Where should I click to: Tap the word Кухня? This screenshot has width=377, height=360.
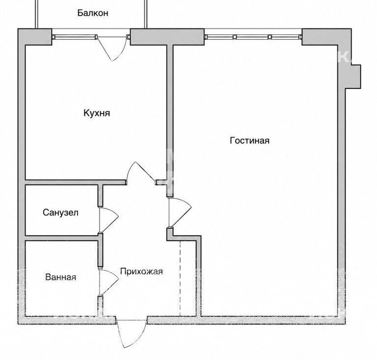tap(97, 113)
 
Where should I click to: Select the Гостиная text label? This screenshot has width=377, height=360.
tap(249, 140)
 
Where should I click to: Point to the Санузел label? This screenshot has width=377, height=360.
tap(60, 212)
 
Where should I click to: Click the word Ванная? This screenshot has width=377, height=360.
tap(60, 277)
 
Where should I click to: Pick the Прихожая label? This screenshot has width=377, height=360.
tap(141, 271)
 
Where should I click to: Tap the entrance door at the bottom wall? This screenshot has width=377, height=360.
tap(131, 333)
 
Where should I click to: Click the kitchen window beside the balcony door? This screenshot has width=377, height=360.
tap(75, 37)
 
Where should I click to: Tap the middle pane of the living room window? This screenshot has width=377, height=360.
tap(252, 37)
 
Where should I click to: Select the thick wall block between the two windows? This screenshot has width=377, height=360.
tap(167, 37)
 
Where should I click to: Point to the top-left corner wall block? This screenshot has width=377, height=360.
tap(35, 37)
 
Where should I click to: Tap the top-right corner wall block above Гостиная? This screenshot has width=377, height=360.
tap(326, 37)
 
